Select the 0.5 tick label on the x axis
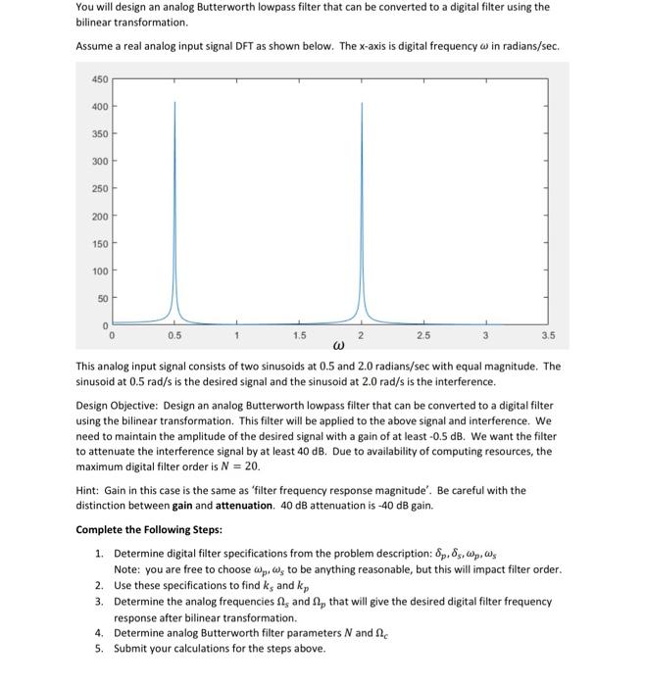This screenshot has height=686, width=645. click(x=174, y=336)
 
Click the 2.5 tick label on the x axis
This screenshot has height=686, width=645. click(x=423, y=336)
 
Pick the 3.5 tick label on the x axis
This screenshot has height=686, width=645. click(x=547, y=336)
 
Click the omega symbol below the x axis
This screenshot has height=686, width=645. click(x=339, y=346)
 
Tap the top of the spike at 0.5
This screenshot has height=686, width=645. click(x=174, y=102)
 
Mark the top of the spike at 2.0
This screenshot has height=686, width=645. click(x=361, y=102)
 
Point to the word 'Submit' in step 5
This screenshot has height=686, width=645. click(x=131, y=649)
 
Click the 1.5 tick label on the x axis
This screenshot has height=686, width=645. click(x=298, y=336)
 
